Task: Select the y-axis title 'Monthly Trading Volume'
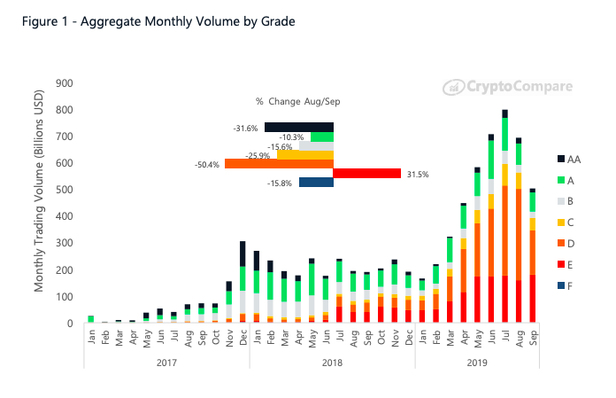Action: [x=39, y=203]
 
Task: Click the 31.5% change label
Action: [x=417, y=175]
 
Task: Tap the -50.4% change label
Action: [x=209, y=164]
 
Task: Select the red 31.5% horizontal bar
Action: [x=367, y=173]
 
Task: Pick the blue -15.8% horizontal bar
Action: [x=316, y=183]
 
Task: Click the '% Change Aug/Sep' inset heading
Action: [x=298, y=102]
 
